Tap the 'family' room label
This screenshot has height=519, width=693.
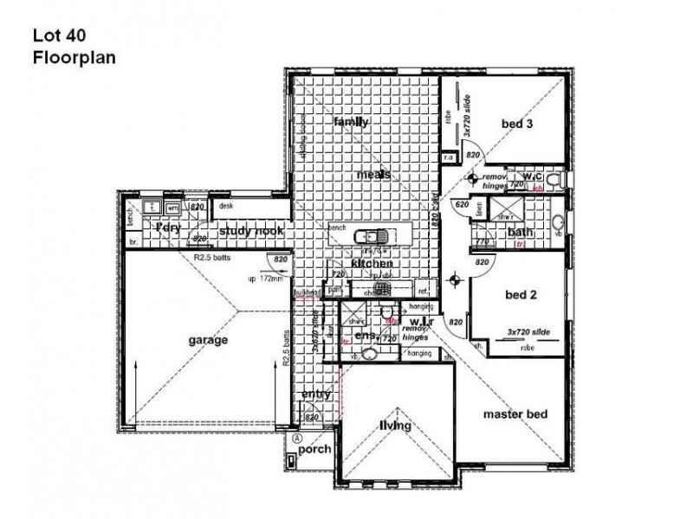pos(352,122)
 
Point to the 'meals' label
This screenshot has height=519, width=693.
pos(373,175)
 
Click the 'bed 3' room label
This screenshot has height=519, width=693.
pos(517,125)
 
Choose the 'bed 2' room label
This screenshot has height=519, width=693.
pos(521,294)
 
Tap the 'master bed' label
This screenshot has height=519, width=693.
pos(515,414)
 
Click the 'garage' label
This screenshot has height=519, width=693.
pos(208,340)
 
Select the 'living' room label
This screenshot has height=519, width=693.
pos(394,426)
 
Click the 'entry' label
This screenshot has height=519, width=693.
pos(316,394)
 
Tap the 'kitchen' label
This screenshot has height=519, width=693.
pos(372,263)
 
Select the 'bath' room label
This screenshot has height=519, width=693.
pos(520,232)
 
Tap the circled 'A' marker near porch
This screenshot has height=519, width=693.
pos(297,439)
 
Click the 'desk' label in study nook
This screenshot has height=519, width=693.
pos(227,206)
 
